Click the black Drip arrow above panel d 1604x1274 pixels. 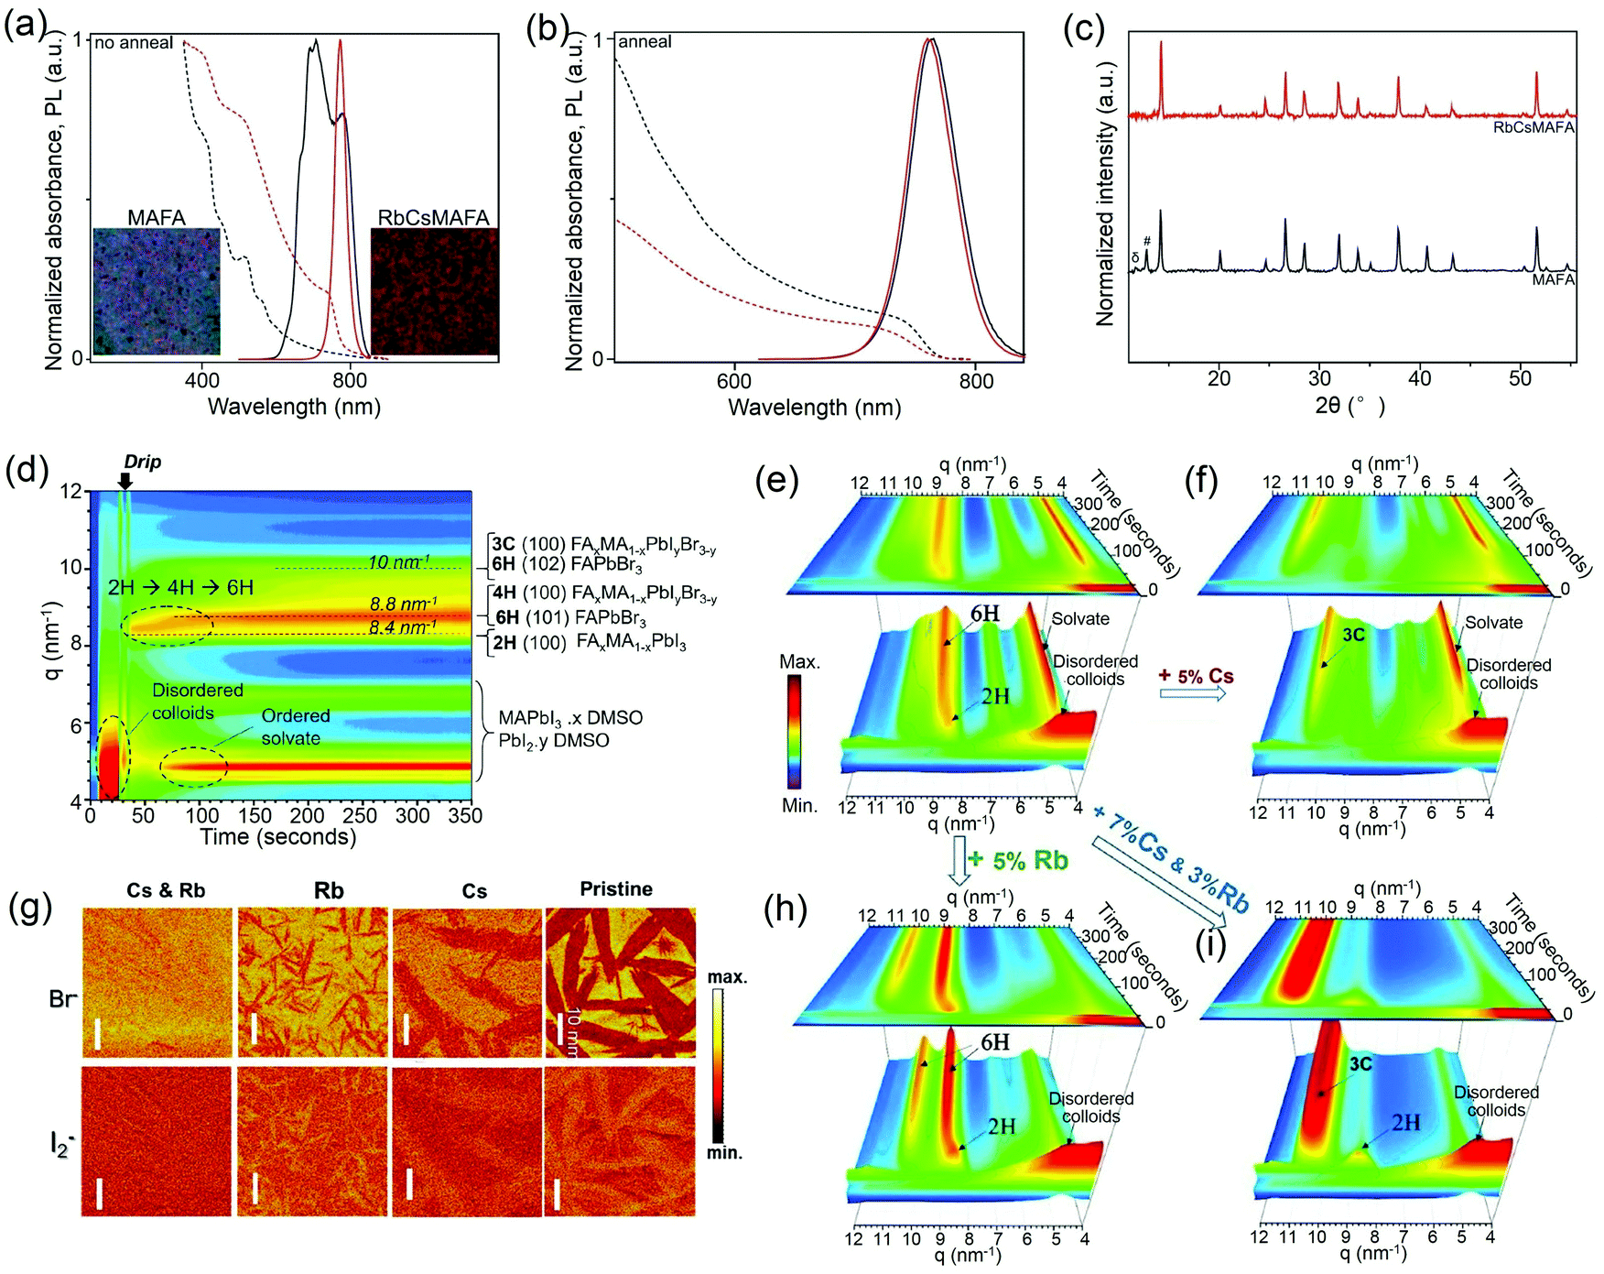pos(125,480)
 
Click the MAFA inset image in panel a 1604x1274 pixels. pos(157,291)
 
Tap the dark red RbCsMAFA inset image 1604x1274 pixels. pos(434,291)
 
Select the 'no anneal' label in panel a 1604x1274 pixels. pos(134,43)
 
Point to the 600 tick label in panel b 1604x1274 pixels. pos(734,381)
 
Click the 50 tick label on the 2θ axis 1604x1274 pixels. pos(1520,379)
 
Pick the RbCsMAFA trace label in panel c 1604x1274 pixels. pos(1534,128)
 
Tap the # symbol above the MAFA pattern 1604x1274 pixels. pos(1147,242)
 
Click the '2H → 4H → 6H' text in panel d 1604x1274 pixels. pos(180,587)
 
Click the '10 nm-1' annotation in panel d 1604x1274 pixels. pos(398,562)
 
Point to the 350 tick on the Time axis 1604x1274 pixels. pos(465,815)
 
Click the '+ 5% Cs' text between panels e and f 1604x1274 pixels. pos(1196,677)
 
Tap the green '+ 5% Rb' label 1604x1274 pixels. pos(1018,861)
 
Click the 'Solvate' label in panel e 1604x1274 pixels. pos(1080,619)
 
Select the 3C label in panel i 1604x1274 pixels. pos(1360,1064)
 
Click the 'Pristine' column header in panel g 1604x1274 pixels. pos(616,889)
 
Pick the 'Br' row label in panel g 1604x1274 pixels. pos(62,998)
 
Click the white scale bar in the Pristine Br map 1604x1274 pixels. pos(559,1028)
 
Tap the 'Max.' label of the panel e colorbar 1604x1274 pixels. pos(799,661)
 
